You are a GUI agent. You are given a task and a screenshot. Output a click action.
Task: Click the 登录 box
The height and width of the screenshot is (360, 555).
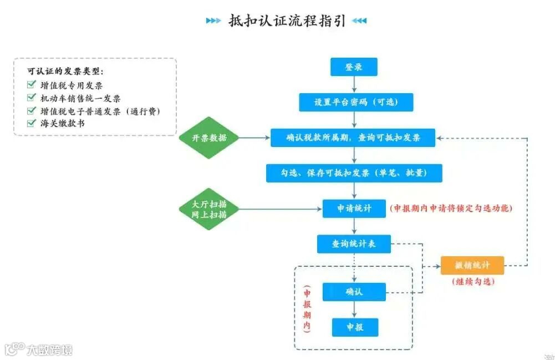[x=354, y=67]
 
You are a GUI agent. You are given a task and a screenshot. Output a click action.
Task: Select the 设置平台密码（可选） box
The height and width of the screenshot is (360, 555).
[x=354, y=102]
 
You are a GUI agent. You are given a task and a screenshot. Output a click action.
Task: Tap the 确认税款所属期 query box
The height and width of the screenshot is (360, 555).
[x=353, y=138]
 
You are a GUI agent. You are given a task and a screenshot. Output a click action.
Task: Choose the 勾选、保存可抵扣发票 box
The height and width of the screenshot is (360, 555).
[x=354, y=173]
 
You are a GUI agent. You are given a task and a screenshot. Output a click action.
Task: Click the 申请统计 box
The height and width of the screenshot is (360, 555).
[x=354, y=209]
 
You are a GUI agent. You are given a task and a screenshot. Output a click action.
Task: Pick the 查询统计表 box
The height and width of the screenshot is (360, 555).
[x=354, y=244]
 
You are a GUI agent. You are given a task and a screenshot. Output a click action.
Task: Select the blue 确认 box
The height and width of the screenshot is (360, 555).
[x=354, y=292]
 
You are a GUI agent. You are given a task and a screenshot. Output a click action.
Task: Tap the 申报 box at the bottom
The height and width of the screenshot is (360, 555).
[x=355, y=327]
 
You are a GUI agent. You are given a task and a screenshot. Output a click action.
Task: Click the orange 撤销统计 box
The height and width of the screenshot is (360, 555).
[x=472, y=265]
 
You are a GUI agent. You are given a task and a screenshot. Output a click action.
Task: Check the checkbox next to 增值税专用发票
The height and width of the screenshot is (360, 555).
[x=31, y=85]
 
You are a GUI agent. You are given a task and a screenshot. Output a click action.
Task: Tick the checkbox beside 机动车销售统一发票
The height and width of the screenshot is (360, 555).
[x=31, y=98]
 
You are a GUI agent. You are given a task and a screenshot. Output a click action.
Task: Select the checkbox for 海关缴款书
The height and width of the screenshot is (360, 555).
[x=31, y=123]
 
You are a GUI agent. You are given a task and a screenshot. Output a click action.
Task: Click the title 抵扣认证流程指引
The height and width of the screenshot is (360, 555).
[x=287, y=21]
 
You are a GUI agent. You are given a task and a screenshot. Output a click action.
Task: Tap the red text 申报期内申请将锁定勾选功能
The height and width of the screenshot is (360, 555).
[x=451, y=209]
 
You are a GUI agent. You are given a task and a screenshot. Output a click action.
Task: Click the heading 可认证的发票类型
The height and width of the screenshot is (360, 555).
[x=65, y=72]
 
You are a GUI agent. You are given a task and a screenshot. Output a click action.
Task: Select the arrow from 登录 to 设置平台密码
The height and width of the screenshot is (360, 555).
[x=354, y=84]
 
